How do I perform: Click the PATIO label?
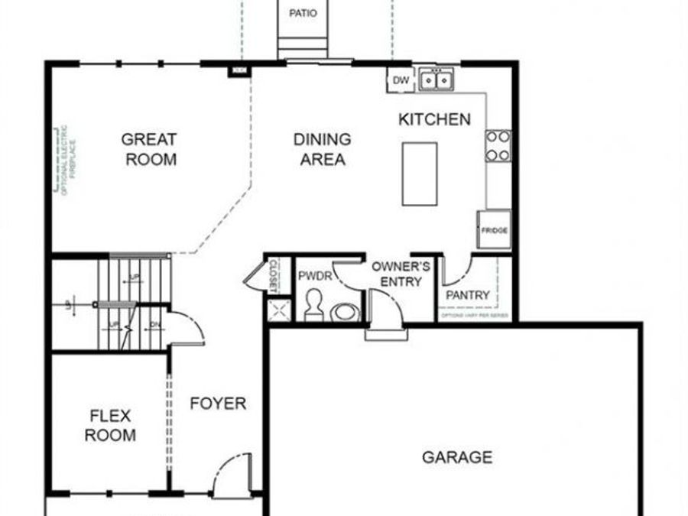303,13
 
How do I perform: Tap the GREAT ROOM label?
150,149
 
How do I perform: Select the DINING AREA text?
323,149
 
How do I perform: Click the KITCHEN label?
434,119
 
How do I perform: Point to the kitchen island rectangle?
420,174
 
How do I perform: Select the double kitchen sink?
436,80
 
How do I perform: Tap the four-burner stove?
498,145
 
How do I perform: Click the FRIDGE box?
495,229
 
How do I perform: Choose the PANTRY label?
467,295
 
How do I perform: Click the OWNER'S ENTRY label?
401,274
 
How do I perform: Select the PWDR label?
315,276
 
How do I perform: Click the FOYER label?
218,403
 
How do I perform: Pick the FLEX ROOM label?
111,426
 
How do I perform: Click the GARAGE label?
457,457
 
